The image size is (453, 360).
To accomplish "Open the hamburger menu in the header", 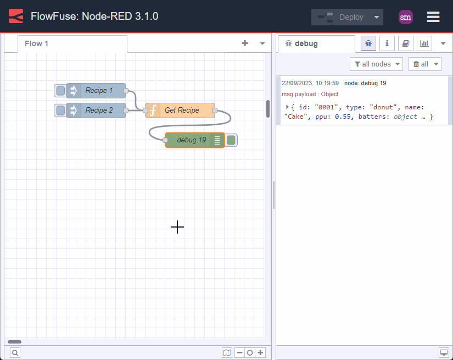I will [x=433, y=17].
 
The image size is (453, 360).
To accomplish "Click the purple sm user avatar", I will [x=405, y=17].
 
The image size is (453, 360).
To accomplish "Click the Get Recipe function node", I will [x=182, y=110].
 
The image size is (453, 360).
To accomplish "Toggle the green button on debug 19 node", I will [x=231, y=140].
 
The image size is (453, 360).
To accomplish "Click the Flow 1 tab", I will [x=37, y=43].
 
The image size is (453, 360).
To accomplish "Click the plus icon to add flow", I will [x=245, y=43].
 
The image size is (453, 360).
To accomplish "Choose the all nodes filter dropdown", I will [x=376, y=64].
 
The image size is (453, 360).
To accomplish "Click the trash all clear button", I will [x=424, y=64].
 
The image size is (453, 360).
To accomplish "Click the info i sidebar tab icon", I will [x=387, y=43].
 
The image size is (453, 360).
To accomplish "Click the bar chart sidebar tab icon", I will [x=424, y=43].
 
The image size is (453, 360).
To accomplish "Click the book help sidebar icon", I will [x=406, y=43].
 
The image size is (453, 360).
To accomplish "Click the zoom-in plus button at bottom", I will [x=261, y=353].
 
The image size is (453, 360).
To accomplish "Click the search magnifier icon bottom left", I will [x=15, y=353].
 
